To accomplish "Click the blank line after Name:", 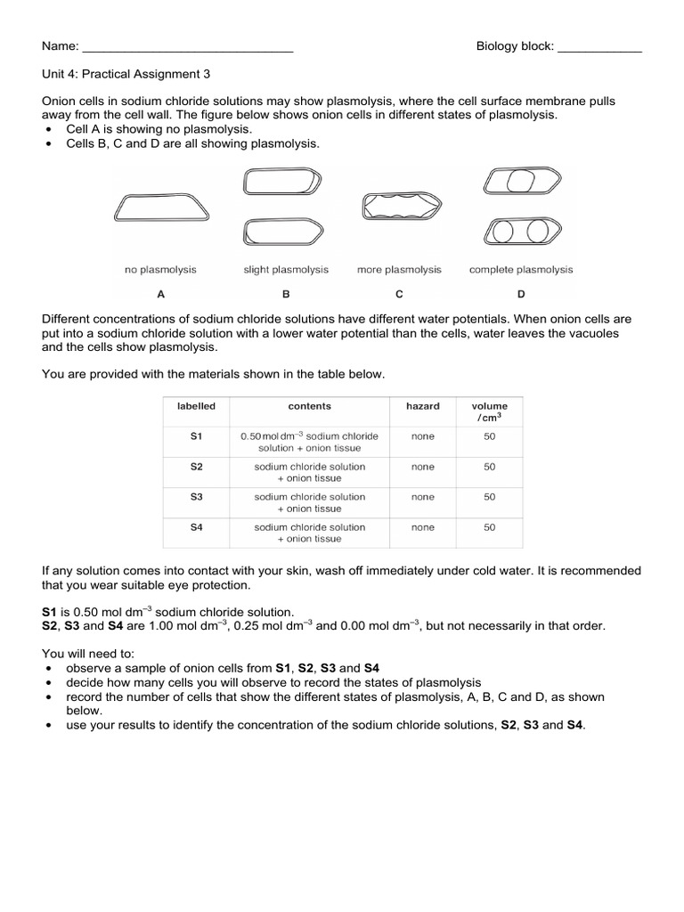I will [x=187, y=47].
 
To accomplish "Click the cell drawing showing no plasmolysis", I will [x=161, y=209].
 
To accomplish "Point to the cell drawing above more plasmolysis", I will [x=400, y=208].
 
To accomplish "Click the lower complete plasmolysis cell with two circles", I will [x=520, y=232].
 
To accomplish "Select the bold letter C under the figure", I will [x=399, y=294].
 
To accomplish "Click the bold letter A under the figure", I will [x=160, y=294].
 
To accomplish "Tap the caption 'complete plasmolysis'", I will [x=521, y=270].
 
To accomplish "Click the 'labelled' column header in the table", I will [x=196, y=406].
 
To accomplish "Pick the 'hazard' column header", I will [x=423, y=406].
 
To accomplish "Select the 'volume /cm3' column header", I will [x=490, y=411].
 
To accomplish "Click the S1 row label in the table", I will [x=197, y=436].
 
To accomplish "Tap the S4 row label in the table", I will [x=197, y=527].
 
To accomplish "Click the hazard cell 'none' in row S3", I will [x=423, y=497].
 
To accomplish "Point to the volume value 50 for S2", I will [x=490, y=467].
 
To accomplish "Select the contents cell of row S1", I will [x=309, y=442].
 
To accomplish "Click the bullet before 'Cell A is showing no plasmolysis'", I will [x=47, y=130].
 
